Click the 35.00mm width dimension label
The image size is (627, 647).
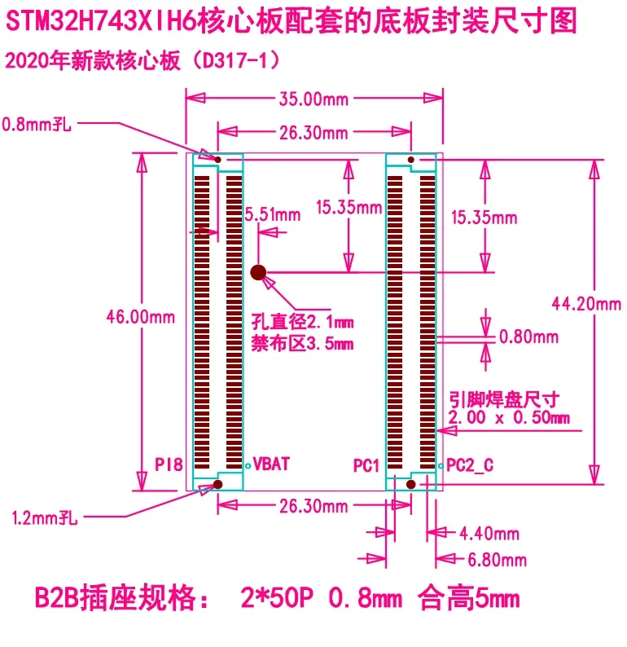pos(313,99)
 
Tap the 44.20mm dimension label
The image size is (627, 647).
pos(585,304)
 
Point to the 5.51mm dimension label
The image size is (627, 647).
pos(272,214)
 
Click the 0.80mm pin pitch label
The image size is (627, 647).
pos(528,336)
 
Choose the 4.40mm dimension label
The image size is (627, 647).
pos(489,534)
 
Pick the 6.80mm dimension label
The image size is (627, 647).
pos(496,560)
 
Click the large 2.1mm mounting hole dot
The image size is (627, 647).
pos(259,272)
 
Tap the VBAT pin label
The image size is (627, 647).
pos(272,464)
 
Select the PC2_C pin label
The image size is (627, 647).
pos(470,465)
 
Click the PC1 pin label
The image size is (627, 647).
pos(367,465)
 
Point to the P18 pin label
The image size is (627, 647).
pos(169,465)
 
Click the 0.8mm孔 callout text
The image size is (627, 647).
pos(37,125)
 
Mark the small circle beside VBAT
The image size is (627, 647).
pos(248,466)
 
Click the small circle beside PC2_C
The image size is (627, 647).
pos(441,466)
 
